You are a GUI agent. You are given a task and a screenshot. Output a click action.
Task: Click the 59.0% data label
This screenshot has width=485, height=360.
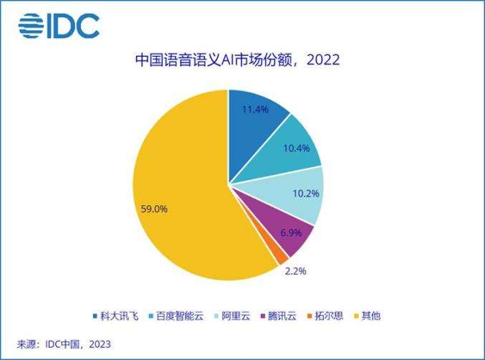155,209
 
